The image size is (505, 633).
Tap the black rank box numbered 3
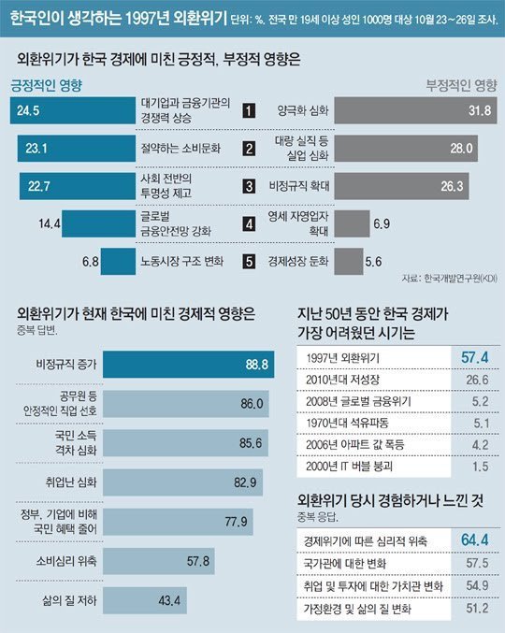pyautogui.click(x=249, y=185)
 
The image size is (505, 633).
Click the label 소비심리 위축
pyautogui.click(x=59, y=560)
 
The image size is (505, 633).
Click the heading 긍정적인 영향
pyautogui.click(x=47, y=85)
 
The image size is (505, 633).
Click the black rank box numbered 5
pyautogui.click(x=249, y=261)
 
